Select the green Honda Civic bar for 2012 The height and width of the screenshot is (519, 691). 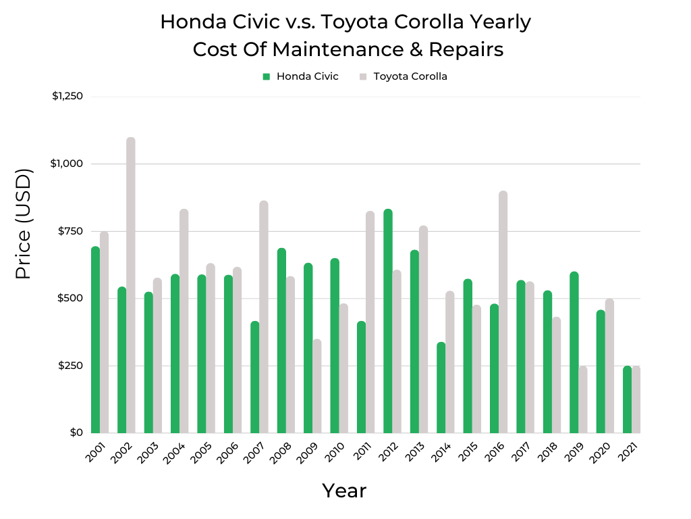(388, 321)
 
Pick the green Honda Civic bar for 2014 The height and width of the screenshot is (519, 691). (441, 388)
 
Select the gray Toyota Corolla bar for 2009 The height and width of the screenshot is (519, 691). (317, 386)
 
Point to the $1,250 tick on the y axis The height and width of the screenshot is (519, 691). (67, 96)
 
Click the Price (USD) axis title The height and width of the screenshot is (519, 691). (24, 224)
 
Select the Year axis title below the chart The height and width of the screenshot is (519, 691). (344, 491)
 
